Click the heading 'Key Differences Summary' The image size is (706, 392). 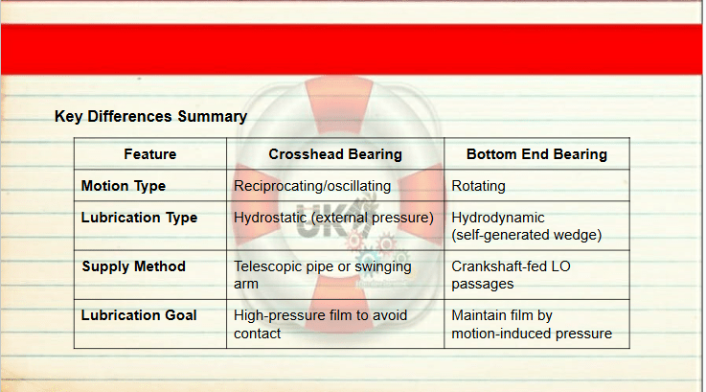point(150,117)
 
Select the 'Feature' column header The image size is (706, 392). point(150,154)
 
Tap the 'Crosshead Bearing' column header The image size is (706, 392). point(335,154)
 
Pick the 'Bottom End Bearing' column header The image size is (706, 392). point(536,154)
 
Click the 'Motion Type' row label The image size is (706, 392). point(124,186)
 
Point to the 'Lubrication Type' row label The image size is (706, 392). point(139,218)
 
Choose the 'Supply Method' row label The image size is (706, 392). point(134,266)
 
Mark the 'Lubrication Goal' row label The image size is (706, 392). point(139,315)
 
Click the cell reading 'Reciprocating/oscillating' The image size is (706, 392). point(312,186)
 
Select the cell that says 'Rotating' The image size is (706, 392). point(478,186)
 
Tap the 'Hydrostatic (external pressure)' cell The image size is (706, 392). point(333,218)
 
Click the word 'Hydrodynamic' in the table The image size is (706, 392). point(498,218)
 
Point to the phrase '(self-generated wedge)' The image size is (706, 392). point(526,235)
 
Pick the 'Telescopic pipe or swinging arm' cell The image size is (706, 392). point(323,275)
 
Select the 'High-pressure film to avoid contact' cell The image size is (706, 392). point(320,324)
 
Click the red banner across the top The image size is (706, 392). point(352,49)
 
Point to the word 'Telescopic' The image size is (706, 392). point(267,266)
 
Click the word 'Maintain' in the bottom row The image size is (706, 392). point(479,315)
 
